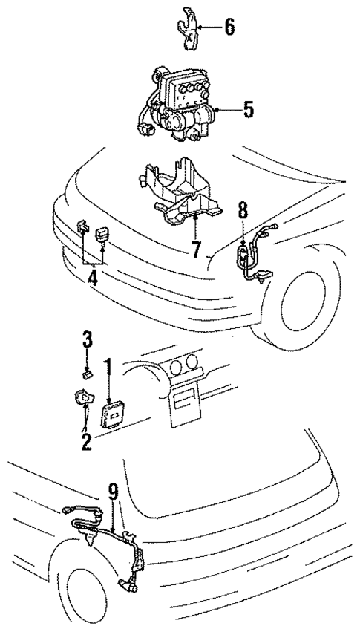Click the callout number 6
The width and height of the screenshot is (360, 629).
(x=229, y=29)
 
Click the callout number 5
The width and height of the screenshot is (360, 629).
(x=248, y=110)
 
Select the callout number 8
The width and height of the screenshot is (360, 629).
(x=242, y=210)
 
